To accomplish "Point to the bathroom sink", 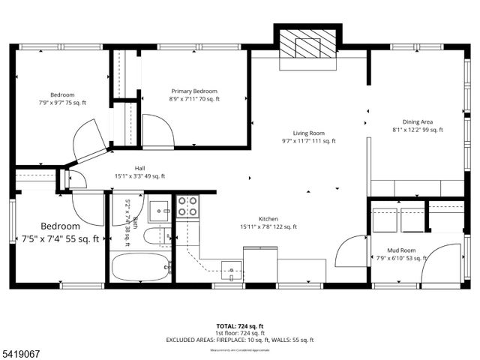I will (x=159, y=209).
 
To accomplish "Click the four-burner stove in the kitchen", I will (x=187, y=205).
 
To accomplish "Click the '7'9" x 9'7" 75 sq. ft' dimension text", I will (x=62, y=102).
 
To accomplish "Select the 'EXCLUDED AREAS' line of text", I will (x=239, y=340).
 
